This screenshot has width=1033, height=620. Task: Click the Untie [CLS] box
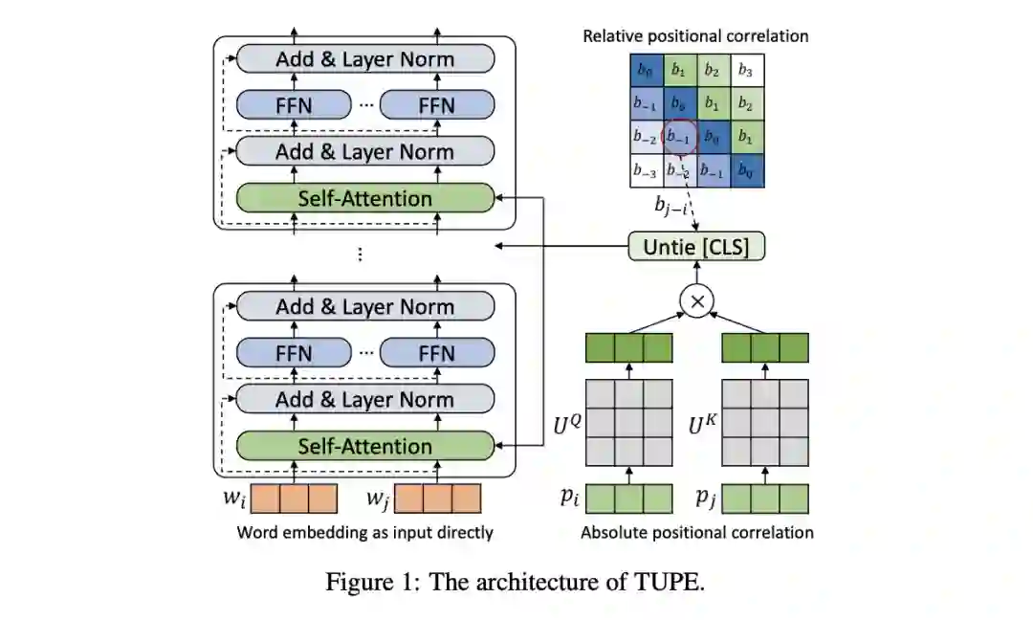[697, 247]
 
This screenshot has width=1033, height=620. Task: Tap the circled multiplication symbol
[696, 301]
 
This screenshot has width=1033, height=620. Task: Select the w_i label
[234, 498]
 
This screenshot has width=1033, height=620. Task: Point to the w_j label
[379, 498]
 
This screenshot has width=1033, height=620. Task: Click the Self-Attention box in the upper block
[364, 199]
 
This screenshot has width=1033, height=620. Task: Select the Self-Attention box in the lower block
[364, 446]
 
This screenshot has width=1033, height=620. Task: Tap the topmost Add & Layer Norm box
[364, 58]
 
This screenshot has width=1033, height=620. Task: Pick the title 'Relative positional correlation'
[695, 36]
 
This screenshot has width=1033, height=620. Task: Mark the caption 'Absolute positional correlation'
[696, 532]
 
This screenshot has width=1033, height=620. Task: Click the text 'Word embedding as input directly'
[364, 532]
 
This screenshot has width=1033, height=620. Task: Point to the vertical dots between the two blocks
[360, 254]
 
